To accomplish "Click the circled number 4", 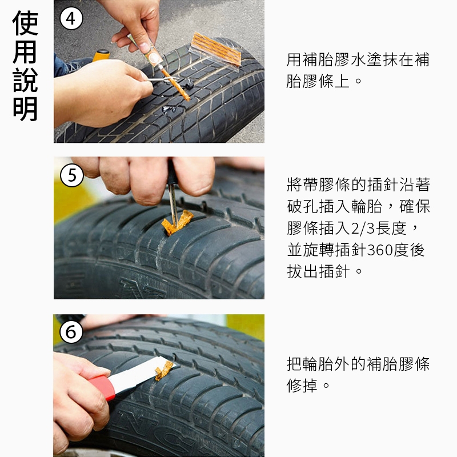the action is click(71, 19).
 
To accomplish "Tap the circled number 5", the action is click(72, 175).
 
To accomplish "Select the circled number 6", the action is click(71, 332).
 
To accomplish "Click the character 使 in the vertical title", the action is click(25, 23).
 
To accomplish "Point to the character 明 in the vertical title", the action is click(25, 109).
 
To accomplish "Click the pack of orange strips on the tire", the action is click(217, 49).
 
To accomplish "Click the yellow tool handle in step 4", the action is click(101, 55).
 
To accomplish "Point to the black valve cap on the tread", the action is click(189, 85).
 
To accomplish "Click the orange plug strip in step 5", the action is click(177, 223).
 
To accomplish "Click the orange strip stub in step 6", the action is click(164, 371).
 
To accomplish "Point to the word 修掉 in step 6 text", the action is click(302, 385).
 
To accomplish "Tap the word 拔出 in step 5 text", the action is click(302, 271).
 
